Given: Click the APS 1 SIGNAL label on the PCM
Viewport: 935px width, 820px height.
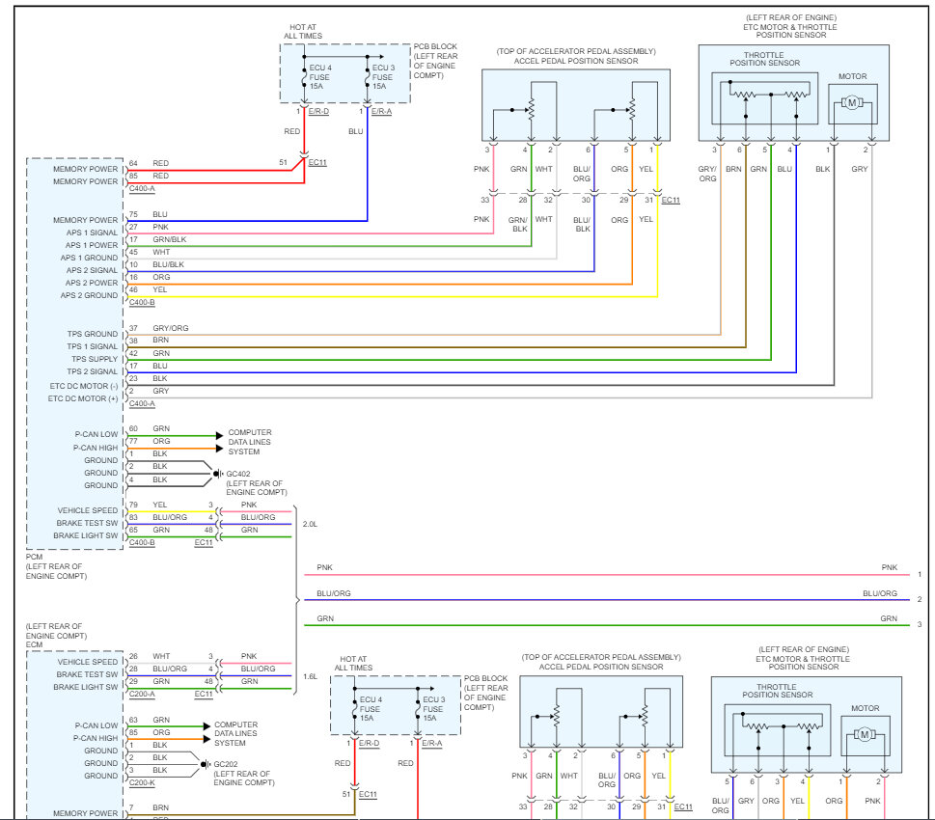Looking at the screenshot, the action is [x=92, y=232].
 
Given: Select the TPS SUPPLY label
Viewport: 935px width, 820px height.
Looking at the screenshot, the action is [x=95, y=359].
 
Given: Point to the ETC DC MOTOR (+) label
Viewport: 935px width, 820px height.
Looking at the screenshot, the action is [x=83, y=398].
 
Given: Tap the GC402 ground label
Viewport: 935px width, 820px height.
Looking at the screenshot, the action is [x=238, y=474].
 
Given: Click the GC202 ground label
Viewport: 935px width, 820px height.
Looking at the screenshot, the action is [x=226, y=764].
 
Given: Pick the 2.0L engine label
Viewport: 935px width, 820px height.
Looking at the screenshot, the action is [x=310, y=524].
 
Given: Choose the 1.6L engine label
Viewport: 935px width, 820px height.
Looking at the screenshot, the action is [x=310, y=677].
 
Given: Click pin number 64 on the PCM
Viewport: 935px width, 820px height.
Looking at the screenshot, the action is [x=133, y=163].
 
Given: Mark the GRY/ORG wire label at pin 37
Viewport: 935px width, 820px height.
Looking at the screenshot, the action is [x=171, y=328].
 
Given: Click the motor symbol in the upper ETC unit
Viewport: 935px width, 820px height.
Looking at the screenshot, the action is [x=852, y=102].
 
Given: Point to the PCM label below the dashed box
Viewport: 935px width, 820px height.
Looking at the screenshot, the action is [x=34, y=557].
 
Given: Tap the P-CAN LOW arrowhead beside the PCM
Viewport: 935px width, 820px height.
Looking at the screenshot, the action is [x=219, y=435].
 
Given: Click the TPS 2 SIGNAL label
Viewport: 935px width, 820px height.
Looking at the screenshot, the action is [x=92, y=371].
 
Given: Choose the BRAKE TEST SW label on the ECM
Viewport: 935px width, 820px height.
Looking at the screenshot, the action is [x=87, y=674].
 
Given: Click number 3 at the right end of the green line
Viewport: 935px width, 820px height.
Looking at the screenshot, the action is [x=920, y=624].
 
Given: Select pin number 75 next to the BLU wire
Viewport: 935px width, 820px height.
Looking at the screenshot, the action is [x=133, y=214].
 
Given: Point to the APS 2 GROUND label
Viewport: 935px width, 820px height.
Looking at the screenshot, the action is [x=89, y=295].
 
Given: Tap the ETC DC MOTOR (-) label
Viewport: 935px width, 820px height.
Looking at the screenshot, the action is [x=84, y=386].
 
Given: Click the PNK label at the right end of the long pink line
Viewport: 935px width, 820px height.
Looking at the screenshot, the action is [x=889, y=567].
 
